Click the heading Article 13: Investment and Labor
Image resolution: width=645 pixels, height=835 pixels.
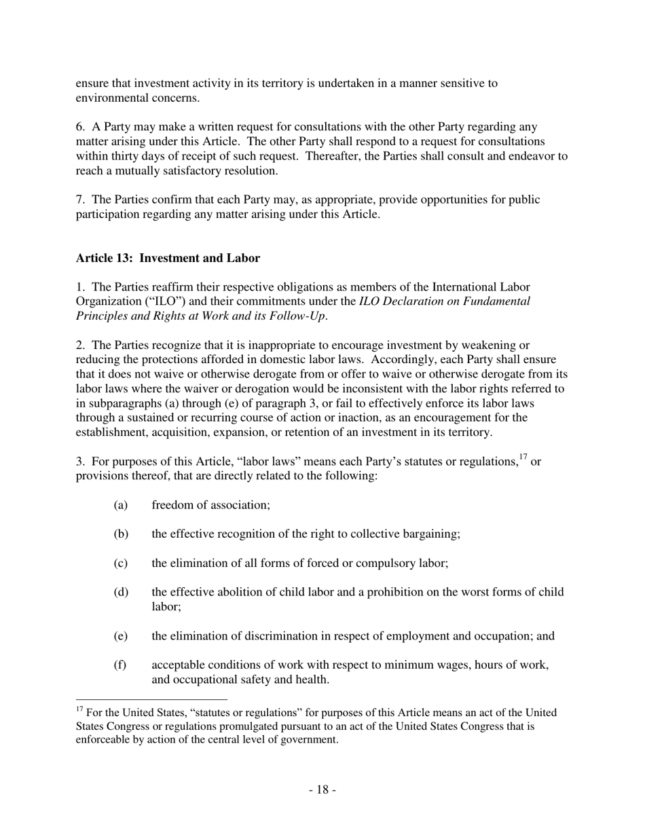pos(168,258)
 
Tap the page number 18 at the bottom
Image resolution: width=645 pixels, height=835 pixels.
pos(322,790)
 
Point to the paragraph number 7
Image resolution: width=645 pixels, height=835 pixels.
pos(79,200)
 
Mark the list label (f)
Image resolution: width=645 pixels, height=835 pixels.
pos(120,665)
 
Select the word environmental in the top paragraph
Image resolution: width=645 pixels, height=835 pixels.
pos(108,98)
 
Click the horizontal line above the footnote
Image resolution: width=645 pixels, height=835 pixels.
pos(151,699)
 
